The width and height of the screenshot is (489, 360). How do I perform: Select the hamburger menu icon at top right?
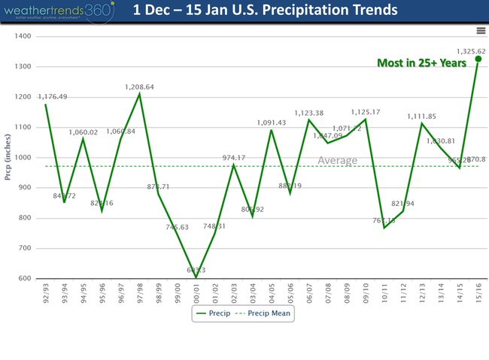coord(481,30)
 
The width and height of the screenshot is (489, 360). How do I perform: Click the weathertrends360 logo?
coord(57,11)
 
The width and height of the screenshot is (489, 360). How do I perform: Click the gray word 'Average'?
coord(337,160)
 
